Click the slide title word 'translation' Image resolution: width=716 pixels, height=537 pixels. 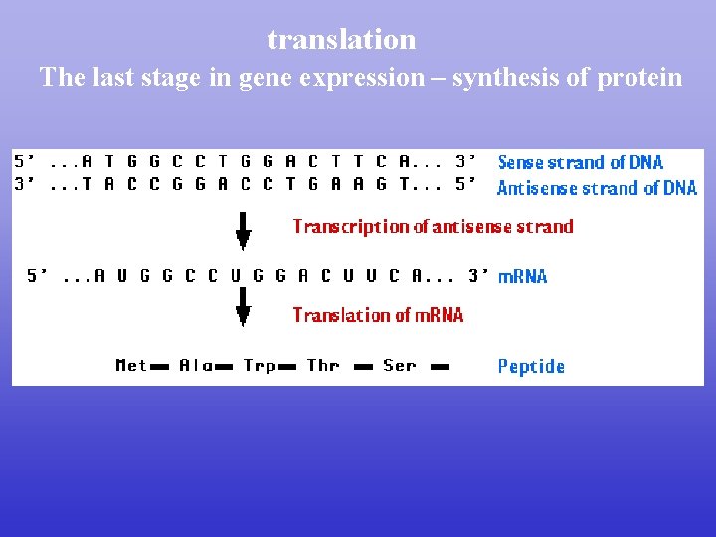coord(341,40)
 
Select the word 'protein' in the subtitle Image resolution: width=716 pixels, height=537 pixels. coord(639,77)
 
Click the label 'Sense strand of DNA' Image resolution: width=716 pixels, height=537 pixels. coord(580,162)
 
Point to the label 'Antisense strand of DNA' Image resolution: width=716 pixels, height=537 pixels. coord(597,188)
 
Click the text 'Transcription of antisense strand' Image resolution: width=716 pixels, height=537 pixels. coord(433,226)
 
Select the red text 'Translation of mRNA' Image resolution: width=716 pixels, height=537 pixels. coord(378,315)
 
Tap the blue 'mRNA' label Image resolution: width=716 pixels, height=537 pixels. coord(522,276)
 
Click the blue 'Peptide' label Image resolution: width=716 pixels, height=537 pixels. coord(531,366)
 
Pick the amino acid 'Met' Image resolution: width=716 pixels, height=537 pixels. coord(131,365)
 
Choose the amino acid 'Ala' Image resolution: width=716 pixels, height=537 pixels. coord(196,365)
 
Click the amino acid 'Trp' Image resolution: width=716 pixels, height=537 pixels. coord(260,365)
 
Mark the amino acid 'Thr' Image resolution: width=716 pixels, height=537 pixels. coord(323,365)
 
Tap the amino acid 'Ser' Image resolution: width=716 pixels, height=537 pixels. coord(400,365)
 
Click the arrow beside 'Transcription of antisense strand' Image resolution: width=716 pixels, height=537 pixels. coord(242,228)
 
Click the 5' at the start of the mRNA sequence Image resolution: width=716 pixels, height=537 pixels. coord(38,276)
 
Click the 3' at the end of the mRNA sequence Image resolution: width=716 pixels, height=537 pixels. coord(479,276)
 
